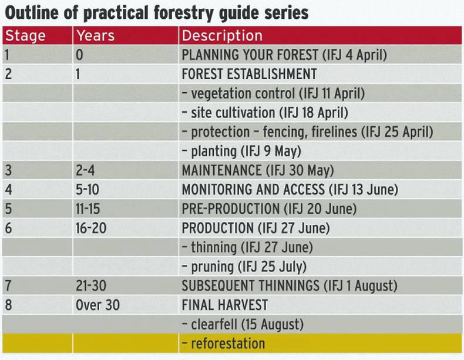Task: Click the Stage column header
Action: pos(25,36)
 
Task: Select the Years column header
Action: pos(95,36)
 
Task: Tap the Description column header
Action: pos(222,36)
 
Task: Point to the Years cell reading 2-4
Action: pos(85,170)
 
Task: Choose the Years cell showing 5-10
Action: pos(88,190)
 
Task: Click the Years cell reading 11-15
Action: pos(88,209)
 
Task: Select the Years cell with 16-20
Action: pos(91,228)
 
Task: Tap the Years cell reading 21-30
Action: pos(91,286)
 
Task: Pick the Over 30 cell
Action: pos(97,305)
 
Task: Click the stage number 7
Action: pos(8,286)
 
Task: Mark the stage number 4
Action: pos(8,190)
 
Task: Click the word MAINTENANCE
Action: pos(221,170)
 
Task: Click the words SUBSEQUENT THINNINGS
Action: pos(250,286)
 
